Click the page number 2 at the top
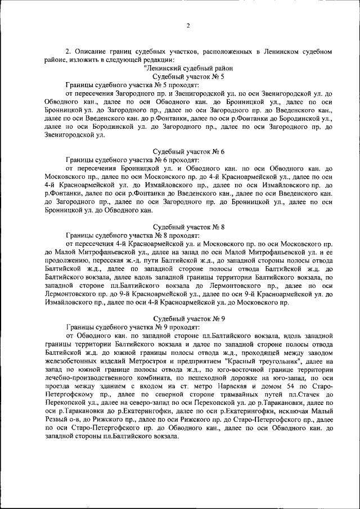coord(188,25)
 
